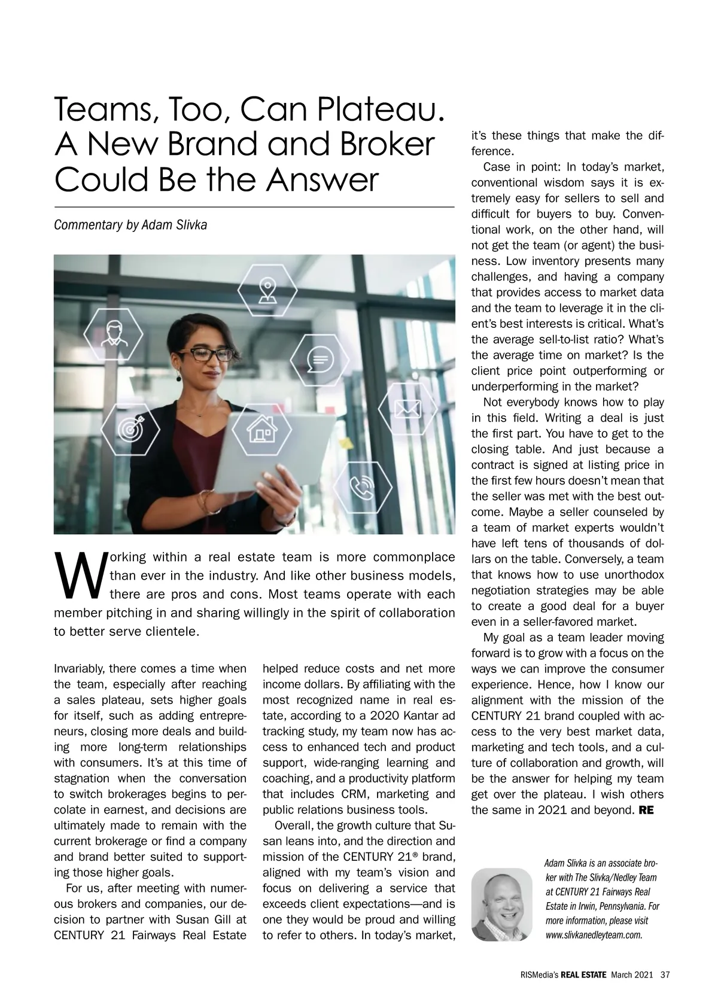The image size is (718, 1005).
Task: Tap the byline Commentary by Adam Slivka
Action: [130, 226]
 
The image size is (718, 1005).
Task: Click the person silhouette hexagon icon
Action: [113, 333]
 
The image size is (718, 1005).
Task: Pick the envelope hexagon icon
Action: [408, 409]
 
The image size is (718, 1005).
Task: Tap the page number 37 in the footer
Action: [665, 974]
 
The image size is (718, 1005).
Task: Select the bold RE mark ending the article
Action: [647, 811]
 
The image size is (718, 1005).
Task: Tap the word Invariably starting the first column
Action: [80, 669]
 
